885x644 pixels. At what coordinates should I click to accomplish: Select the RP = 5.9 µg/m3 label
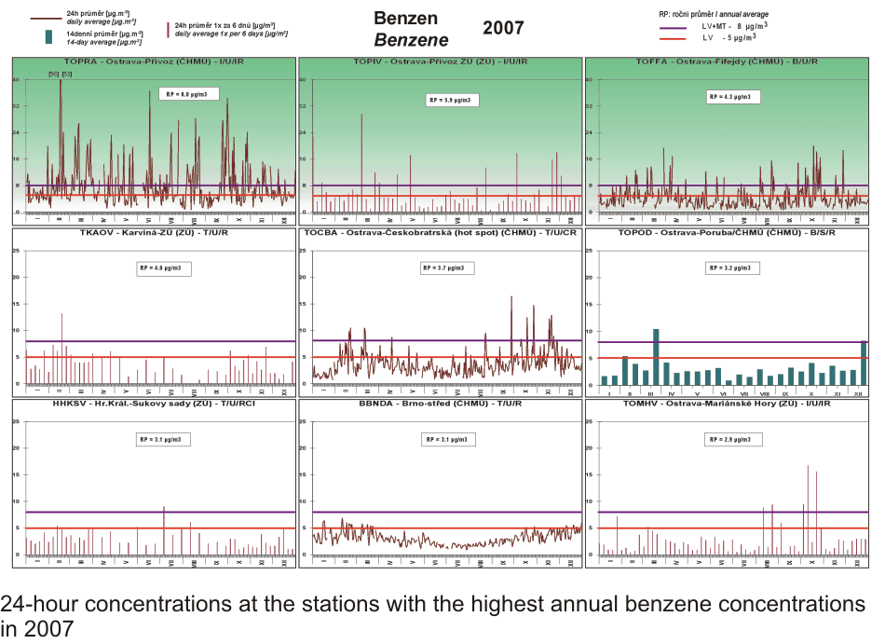pyautogui.click(x=450, y=99)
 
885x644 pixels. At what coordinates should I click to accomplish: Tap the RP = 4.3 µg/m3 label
pyautogui.click(x=733, y=96)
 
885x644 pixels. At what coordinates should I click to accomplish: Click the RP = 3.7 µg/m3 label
pyautogui.click(x=450, y=267)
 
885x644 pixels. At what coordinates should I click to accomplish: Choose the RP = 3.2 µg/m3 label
pyautogui.click(x=733, y=267)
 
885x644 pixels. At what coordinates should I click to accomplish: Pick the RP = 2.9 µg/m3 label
pyautogui.click(x=733, y=438)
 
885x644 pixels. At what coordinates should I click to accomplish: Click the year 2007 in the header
pyautogui.click(x=503, y=27)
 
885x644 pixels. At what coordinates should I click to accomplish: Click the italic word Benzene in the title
pyautogui.click(x=411, y=40)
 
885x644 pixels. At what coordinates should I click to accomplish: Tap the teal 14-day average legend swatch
pyautogui.click(x=48, y=37)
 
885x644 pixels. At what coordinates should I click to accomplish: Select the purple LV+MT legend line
pyautogui.click(x=672, y=28)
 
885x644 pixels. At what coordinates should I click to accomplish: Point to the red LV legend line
pyautogui.click(x=672, y=39)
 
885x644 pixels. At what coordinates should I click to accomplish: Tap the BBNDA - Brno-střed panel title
pyautogui.click(x=439, y=404)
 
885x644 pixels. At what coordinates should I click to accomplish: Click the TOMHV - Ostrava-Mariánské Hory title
pyautogui.click(x=726, y=404)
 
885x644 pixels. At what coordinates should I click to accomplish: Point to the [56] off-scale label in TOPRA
pyautogui.click(x=53, y=74)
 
